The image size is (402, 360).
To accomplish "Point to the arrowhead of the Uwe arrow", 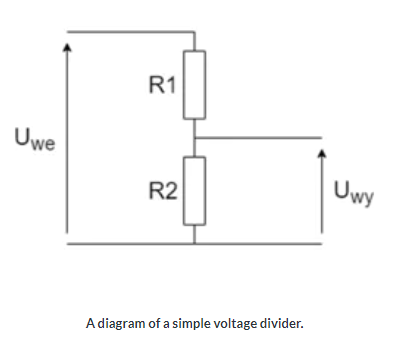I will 67,44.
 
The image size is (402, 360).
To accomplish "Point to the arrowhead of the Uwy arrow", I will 321,155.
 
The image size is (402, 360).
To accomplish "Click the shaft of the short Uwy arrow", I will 321,200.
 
